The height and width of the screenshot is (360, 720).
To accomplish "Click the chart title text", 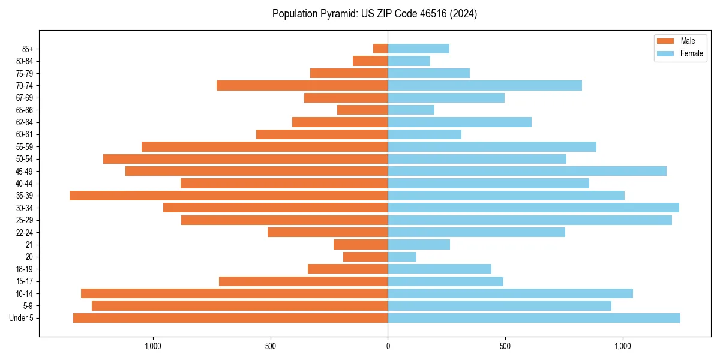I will pyautogui.click(x=374, y=14).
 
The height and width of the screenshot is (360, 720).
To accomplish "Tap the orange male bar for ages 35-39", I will pyautogui.click(x=229, y=196).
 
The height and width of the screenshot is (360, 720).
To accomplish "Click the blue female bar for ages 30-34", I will pyautogui.click(x=533, y=208).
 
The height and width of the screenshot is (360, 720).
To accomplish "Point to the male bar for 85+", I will pyautogui.click(x=380, y=49).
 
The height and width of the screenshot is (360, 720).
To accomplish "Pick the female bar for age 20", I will pyautogui.click(x=402, y=257).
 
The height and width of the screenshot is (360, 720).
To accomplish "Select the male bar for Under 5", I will pyautogui.click(x=230, y=318).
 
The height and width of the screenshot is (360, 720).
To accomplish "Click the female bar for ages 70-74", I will pyautogui.click(x=485, y=85).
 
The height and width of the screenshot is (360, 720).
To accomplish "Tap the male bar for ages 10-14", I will pyautogui.click(x=234, y=293).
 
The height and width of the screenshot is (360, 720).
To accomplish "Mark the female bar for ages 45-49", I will pyautogui.click(x=527, y=171).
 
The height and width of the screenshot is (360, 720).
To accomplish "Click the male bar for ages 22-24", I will pyautogui.click(x=328, y=232).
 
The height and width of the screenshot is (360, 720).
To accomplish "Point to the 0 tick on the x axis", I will pyautogui.click(x=388, y=346).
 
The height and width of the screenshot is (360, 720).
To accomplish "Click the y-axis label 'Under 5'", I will pyautogui.click(x=21, y=318).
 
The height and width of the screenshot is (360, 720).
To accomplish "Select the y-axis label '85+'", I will pyautogui.click(x=27, y=49).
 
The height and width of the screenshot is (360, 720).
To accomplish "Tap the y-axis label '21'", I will pyautogui.click(x=29, y=245).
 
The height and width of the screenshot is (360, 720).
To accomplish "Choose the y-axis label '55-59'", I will pyautogui.click(x=25, y=146).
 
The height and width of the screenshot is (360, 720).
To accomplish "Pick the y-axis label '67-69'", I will pyautogui.click(x=25, y=98).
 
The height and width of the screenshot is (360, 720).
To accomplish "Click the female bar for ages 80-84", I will pyautogui.click(x=409, y=61).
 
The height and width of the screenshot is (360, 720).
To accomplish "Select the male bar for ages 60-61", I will pyautogui.click(x=322, y=134).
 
